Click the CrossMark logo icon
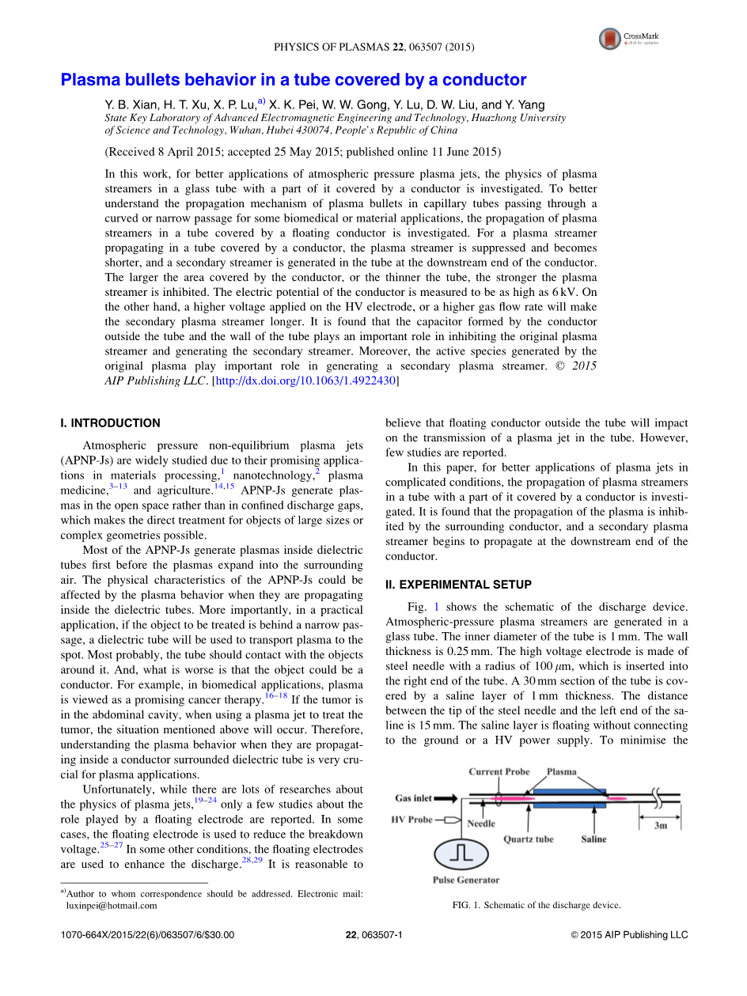(610, 37)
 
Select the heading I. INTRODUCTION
(110, 423)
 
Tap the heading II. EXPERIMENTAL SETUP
(458, 585)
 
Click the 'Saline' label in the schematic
(593, 839)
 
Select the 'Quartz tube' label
(529, 839)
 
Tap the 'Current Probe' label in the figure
(499, 772)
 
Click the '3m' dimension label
(660, 825)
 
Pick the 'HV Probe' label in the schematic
(411, 820)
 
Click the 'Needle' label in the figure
(481, 824)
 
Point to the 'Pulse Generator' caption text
(466, 880)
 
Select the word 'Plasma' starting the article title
(89, 80)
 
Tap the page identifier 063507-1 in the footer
(385, 935)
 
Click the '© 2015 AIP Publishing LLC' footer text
(629, 935)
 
